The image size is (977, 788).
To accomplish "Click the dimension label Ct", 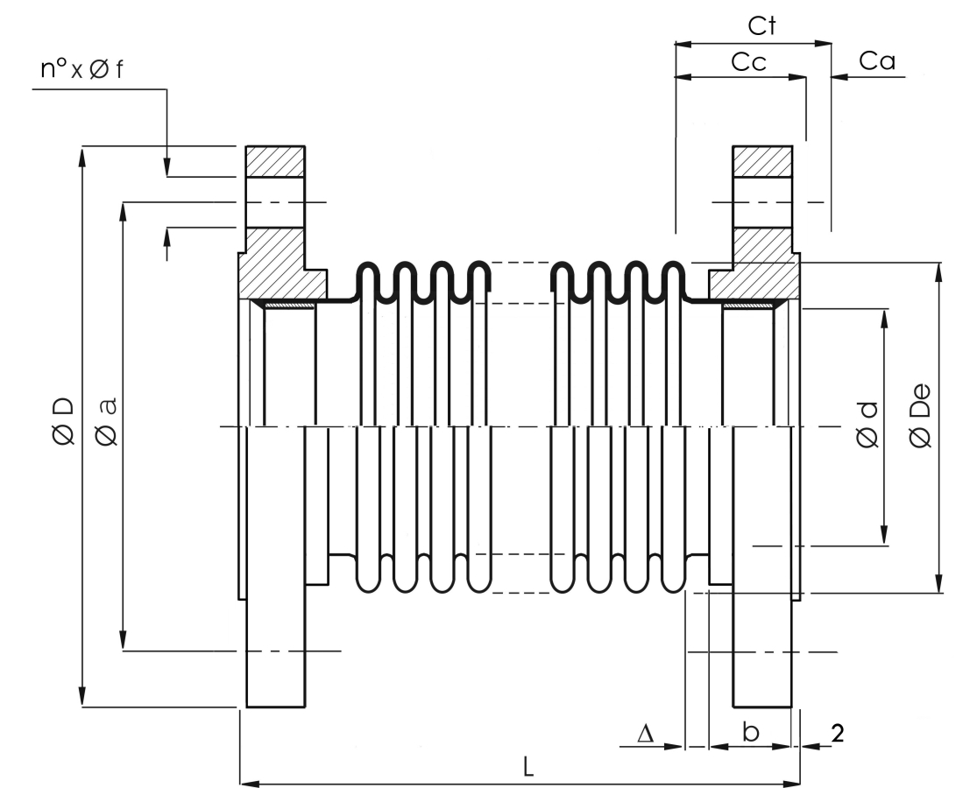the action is [x=761, y=26].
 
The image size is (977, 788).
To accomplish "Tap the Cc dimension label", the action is [x=749, y=62].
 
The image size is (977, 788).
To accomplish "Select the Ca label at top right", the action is [x=877, y=61].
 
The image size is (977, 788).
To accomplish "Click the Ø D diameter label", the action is [x=64, y=421].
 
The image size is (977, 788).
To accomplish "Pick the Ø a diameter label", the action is [x=107, y=421].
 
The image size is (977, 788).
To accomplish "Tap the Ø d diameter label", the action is [x=868, y=425].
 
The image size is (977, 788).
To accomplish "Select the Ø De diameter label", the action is [x=920, y=416].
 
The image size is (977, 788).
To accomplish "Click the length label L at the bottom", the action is [x=527, y=768].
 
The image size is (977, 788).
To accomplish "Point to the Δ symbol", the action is [x=646, y=733].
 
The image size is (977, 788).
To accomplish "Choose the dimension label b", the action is [x=752, y=732].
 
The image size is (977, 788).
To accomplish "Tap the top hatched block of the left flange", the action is [x=275, y=162].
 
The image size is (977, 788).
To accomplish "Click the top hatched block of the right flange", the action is [x=762, y=162].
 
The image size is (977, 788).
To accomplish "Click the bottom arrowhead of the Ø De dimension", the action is [x=939, y=582].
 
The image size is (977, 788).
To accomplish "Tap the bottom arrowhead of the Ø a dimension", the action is [x=124, y=640].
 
